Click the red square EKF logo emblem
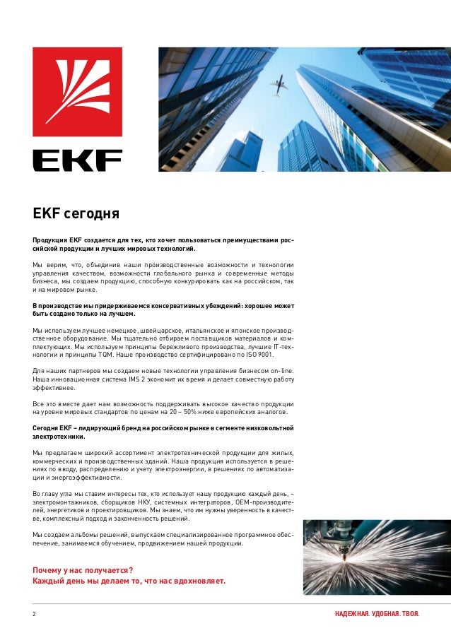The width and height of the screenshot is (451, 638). point(77,92)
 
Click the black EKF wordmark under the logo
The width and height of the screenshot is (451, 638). point(77,160)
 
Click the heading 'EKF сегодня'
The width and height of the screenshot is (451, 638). point(76,213)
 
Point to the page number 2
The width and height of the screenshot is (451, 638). point(34,613)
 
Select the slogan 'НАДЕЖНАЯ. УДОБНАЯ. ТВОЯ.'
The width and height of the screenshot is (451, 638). point(377,613)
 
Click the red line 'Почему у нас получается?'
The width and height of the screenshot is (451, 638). point(83,569)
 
